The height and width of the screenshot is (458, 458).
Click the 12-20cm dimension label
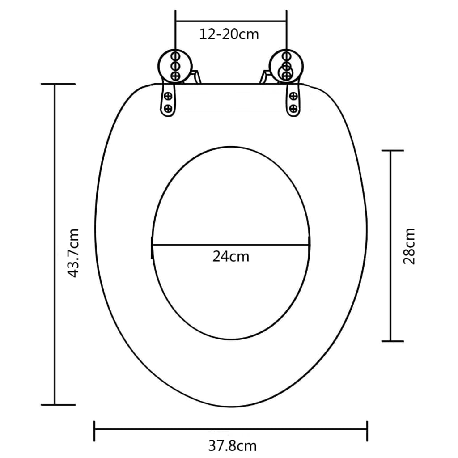(229, 34)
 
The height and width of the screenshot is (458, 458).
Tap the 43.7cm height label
(73, 253)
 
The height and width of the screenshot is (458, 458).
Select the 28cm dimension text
(409, 246)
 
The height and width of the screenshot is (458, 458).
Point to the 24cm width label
(231, 257)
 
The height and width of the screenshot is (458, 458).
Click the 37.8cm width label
(232, 445)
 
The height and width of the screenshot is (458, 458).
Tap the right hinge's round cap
(286, 66)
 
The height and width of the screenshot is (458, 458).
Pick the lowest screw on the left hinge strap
(169, 108)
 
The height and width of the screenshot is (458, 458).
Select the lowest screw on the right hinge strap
(293, 108)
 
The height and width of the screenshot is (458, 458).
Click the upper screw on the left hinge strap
(169, 96)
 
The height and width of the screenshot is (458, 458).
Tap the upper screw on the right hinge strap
(293, 96)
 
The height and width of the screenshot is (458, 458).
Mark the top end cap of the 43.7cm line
(58, 84)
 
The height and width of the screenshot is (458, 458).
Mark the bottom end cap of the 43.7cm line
(58, 405)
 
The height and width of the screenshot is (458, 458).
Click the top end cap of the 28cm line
(392, 151)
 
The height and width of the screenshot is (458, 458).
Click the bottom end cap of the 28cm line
(392, 341)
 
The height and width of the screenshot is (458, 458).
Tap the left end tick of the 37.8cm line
(95, 430)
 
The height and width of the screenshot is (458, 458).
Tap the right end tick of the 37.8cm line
(367, 430)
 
